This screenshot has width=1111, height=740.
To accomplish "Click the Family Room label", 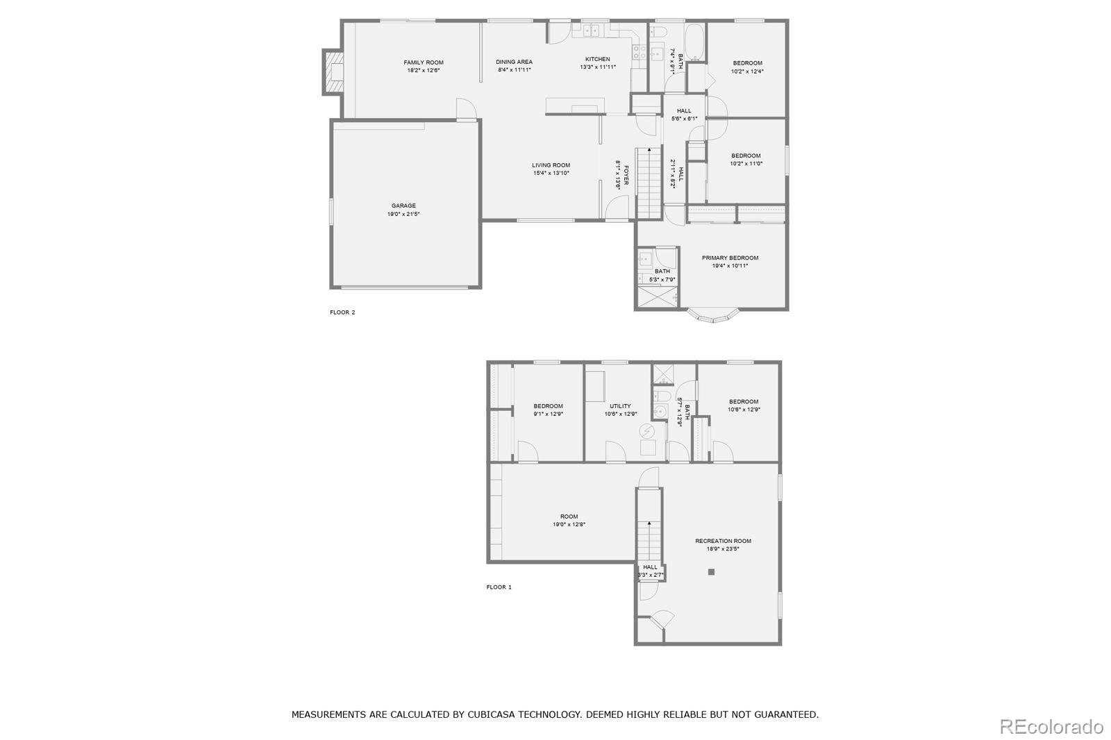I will point(424,62).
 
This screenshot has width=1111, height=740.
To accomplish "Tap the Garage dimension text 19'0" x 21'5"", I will point(403,215).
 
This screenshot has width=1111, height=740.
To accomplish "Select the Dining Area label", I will point(515,62).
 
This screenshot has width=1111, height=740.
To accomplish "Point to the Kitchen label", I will point(598,59).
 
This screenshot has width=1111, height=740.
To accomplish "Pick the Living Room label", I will point(551,165).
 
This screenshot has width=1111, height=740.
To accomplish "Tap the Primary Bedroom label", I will point(730,258).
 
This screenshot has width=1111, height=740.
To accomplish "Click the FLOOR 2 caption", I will point(342,312).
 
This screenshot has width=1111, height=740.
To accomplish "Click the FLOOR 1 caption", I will point(499,587).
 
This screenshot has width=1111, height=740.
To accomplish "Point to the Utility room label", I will point(620,406).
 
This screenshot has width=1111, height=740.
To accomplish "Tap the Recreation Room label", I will point(723,541).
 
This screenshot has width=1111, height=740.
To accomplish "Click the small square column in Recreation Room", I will point(711,572).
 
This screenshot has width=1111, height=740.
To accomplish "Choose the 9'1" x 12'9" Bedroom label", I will point(548,406).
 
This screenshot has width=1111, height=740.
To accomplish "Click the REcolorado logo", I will point(1051,726).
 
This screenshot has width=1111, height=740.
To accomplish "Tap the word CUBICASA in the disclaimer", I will point(495,714).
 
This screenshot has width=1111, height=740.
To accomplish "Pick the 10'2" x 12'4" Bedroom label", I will point(747,63).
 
